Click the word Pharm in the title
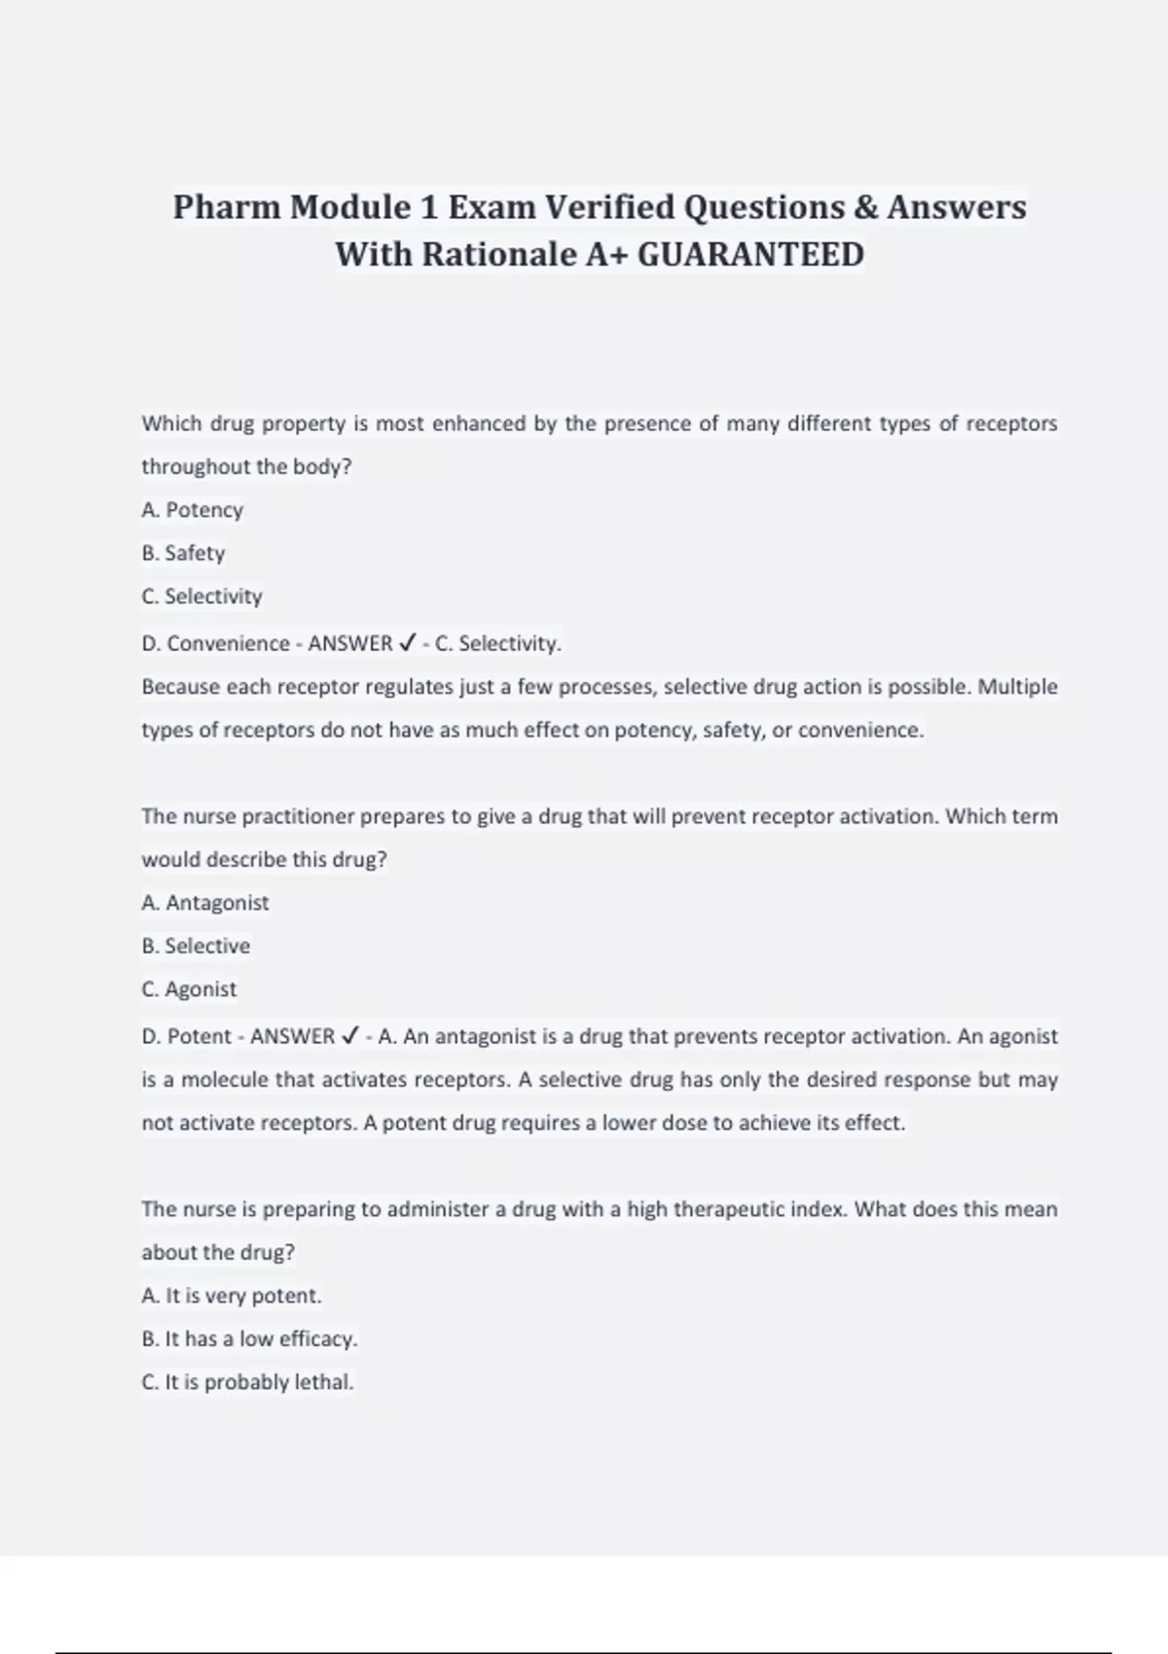pyautogui.click(x=226, y=207)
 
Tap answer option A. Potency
pyautogui.click(x=193, y=510)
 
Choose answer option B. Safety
pyautogui.click(x=183, y=553)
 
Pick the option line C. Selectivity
pyautogui.click(x=202, y=596)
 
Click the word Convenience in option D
pyautogui.click(x=228, y=643)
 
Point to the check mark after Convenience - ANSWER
pyautogui.click(x=408, y=643)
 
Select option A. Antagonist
pyautogui.click(x=205, y=903)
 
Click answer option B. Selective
pyautogui.click(x=196, y=946)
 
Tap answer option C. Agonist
pyautogui.click(x=189, y=989)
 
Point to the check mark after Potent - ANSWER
pyautogui.click(x=350, y=1036)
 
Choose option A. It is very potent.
pyautogui.click(x=232, y=1296)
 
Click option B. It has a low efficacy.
pyautogui.click(x=249, y=1339)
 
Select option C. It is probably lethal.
pyautogui.click(x=247, y=1383)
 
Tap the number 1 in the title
pyautogui.click(x=428, y=207)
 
